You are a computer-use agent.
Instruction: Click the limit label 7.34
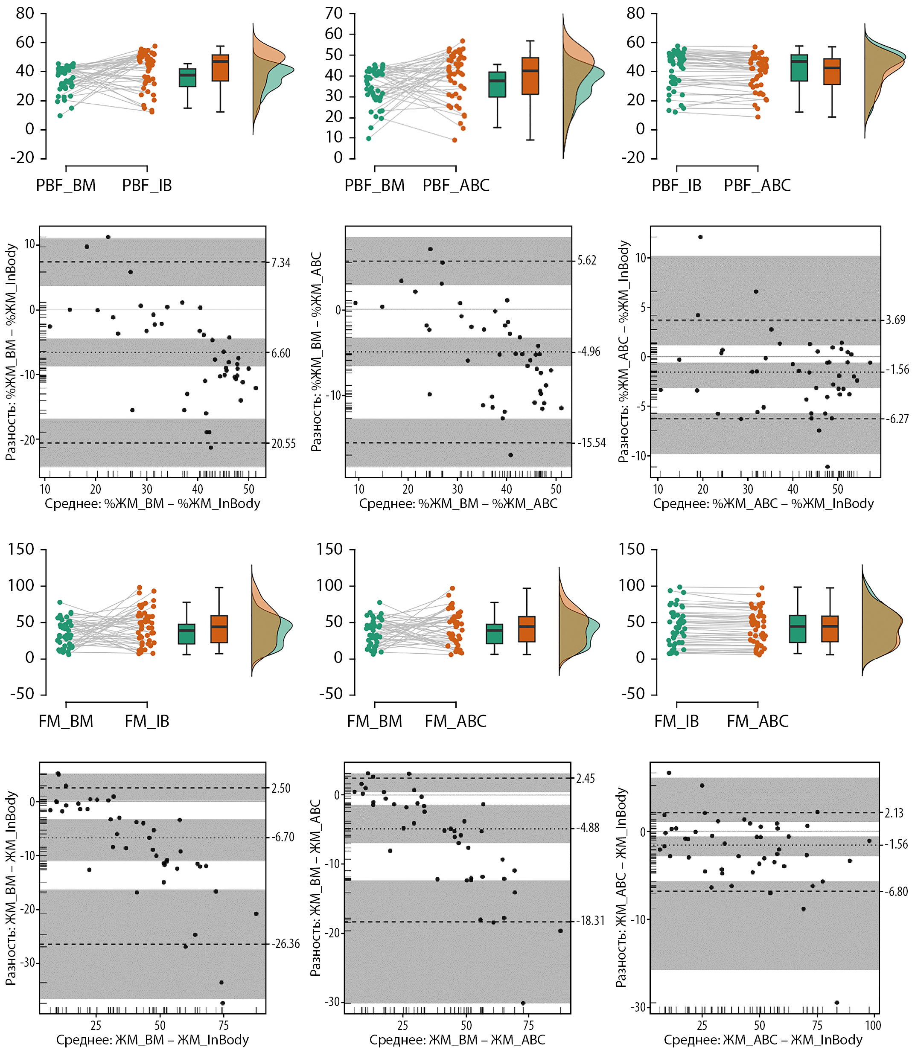(x=280, y=262)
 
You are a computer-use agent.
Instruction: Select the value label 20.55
(x=283, y=444)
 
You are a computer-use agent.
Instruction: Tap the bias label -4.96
(x=589, y=352)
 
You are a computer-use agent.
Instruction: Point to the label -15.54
(x=591, y=442)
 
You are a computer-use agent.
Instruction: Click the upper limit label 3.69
(x=895, y=320)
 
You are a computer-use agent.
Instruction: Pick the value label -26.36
(x=285, y=944)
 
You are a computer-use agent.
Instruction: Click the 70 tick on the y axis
(x=334, y=13)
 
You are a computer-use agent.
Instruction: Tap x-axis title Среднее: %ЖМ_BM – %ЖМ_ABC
(x=458, y=503)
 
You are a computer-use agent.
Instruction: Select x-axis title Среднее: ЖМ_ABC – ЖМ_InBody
(x=763, y=1040)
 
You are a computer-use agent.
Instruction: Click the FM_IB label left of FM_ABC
(x=676, y=721)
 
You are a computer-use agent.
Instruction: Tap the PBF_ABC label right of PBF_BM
(x=455, y=185)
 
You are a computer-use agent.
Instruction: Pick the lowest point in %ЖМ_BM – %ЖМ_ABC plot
(x=510, y=455)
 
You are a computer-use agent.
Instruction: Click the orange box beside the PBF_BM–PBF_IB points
(x=220, y=68)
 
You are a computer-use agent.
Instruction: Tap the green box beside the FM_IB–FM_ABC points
(x=798, y=629)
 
